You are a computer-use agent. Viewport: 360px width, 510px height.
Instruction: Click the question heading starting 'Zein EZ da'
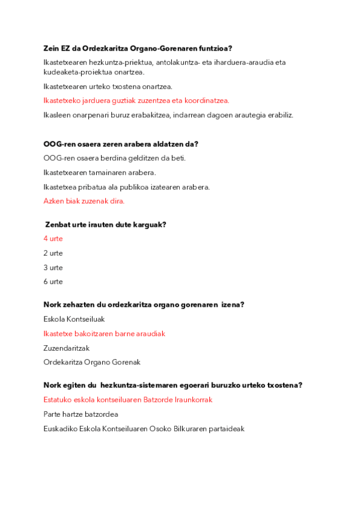point(138,48)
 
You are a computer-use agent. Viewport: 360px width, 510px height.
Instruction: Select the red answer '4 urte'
point(53,239)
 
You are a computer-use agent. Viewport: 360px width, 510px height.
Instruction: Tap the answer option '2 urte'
point(53,253)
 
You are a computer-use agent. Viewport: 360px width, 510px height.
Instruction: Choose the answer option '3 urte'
point(53,268)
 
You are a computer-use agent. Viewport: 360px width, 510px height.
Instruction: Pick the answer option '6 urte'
point(53,281)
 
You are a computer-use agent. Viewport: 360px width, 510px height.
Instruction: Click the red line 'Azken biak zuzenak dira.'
point(84,201)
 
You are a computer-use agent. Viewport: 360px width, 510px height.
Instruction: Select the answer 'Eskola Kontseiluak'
point(74,319)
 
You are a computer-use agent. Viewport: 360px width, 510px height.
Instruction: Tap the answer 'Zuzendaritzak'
point(67,348)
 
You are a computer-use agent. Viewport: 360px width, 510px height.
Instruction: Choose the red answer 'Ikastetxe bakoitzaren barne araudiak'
point(104,334)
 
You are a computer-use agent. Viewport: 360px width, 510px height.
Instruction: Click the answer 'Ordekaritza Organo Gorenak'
point(92,362)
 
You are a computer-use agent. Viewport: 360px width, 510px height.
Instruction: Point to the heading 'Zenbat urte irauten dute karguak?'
point(106,224)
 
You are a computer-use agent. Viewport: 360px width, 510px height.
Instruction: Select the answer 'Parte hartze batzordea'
point(81,414)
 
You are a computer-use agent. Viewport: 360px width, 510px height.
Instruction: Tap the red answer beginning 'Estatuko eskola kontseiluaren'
point(127,399)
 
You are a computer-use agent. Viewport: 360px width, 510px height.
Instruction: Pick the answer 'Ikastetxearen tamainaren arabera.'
point(100,173)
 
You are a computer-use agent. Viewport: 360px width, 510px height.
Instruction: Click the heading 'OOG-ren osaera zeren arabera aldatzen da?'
point(121,144)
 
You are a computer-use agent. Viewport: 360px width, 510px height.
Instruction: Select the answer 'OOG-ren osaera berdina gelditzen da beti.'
point(115,158)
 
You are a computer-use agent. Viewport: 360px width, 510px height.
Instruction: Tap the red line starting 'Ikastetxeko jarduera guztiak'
point(136,100)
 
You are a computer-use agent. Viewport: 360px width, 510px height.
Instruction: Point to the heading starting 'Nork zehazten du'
point(144,304)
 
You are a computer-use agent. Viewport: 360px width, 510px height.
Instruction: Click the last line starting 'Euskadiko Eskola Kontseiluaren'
point(144,428)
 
